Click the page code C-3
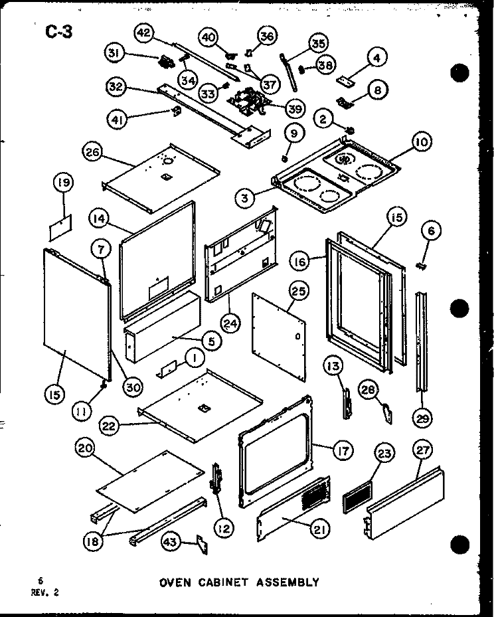point(59,32)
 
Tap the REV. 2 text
point(45,592)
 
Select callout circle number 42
point(144,33)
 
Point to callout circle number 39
point(295,108)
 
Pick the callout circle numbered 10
point(421,141)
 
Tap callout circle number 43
point(171,542)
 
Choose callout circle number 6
point(431,230)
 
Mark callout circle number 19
point(64,183)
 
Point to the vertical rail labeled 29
point(421,341)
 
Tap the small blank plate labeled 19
point(61,227)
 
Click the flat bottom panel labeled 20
point(151,482)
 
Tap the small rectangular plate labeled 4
point(345,80)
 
